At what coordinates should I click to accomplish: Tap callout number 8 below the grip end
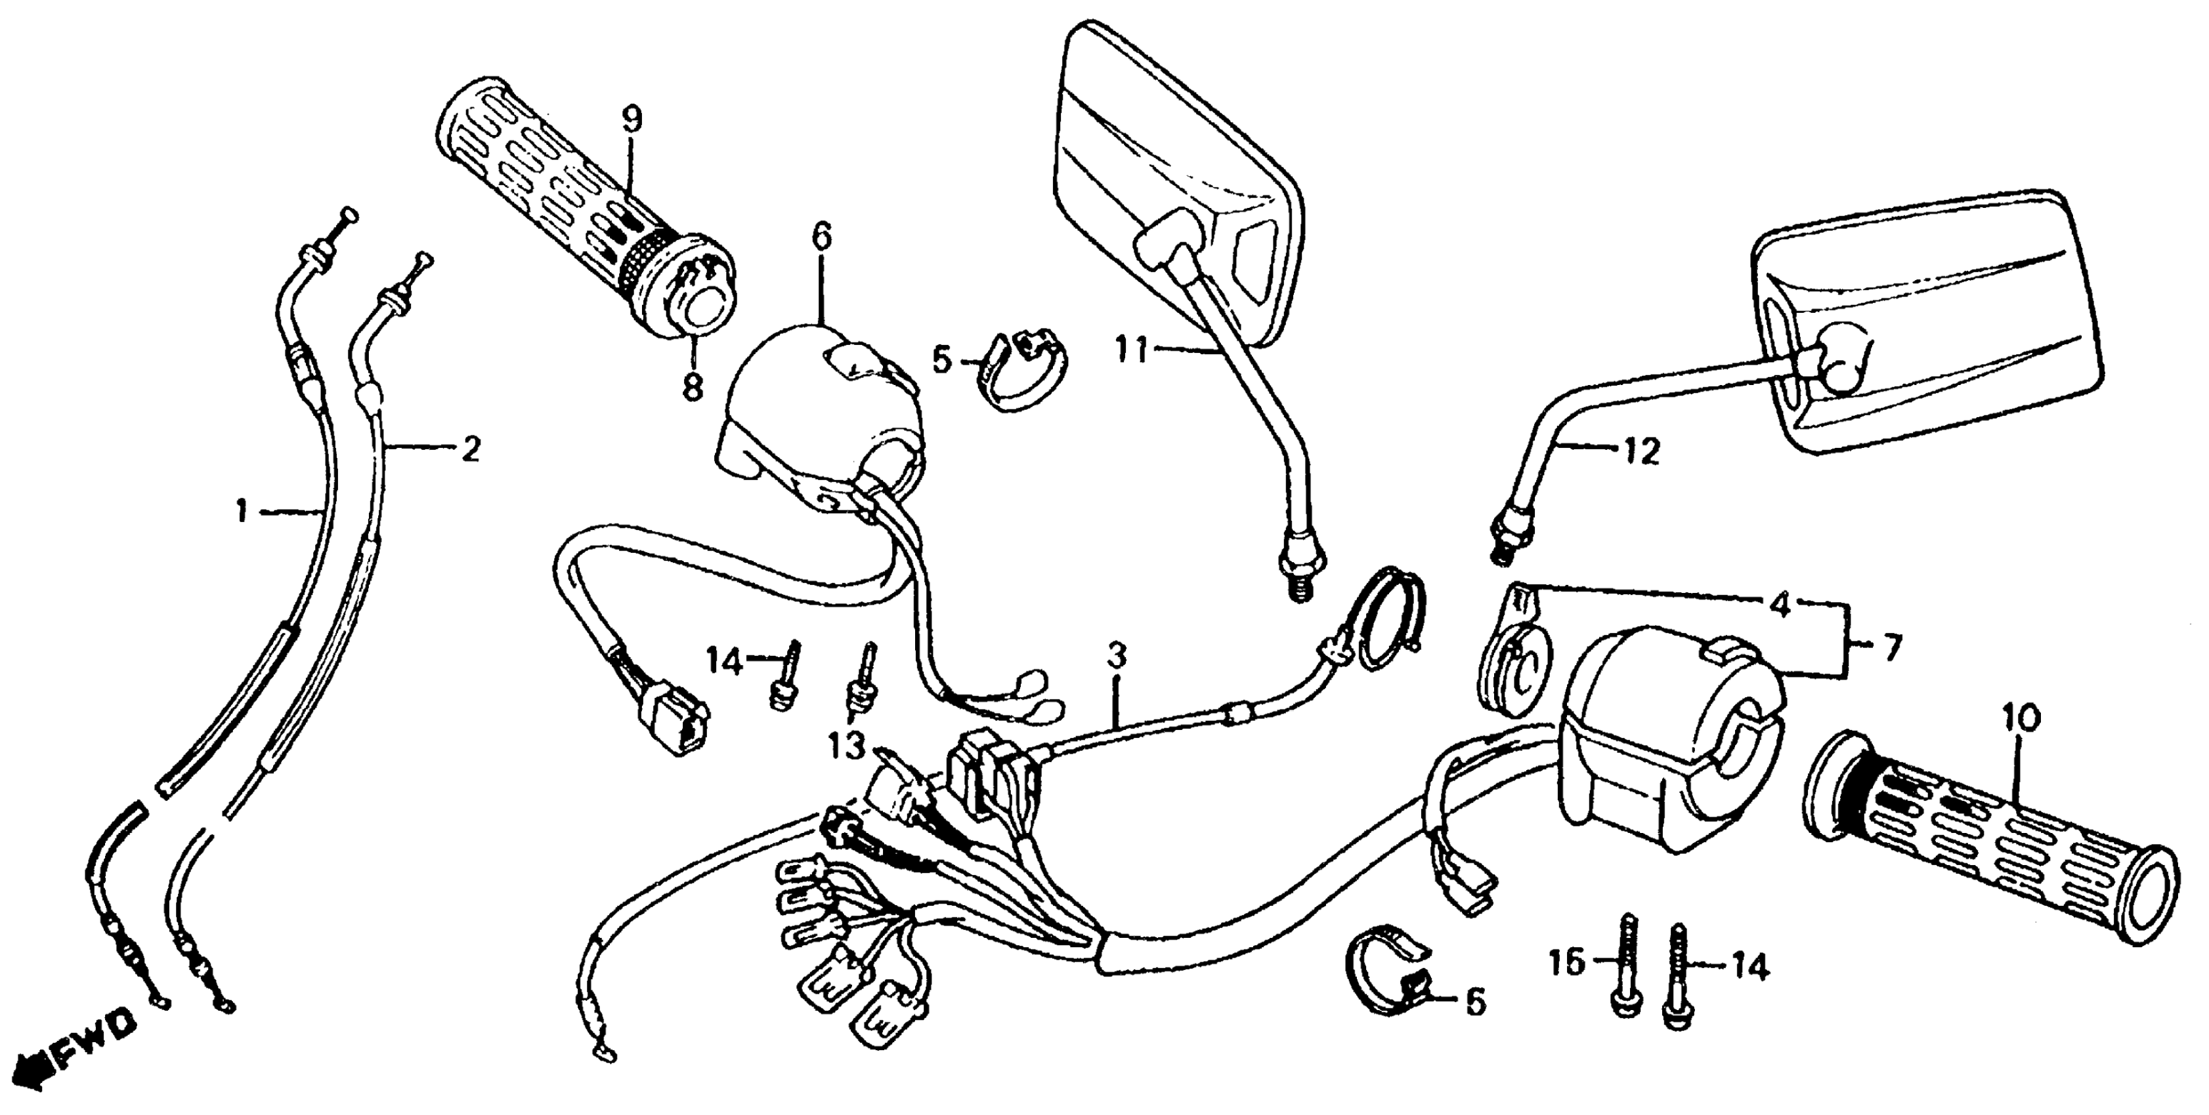tap(691, 386)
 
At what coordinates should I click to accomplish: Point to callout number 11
tap(1130, 350)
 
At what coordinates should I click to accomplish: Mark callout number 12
tap(1641, 452)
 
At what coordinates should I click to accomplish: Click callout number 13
tap(847, 747)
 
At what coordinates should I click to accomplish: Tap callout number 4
tap(1781, 606)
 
